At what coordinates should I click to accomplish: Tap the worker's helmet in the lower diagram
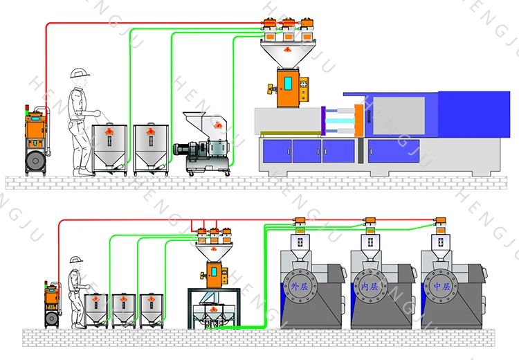coord(75,260)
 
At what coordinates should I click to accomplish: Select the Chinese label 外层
coord(298,286)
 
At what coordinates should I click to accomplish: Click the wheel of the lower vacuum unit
coord(50,318)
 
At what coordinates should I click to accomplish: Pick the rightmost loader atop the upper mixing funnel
coord(304,24)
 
